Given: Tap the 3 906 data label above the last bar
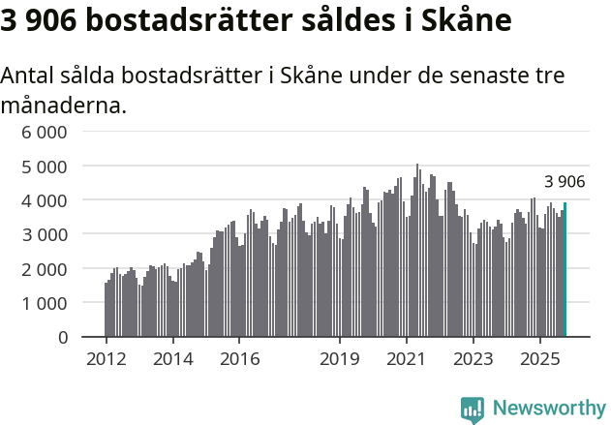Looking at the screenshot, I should tap(565, 182).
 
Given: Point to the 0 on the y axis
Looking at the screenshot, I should tap(63, 337).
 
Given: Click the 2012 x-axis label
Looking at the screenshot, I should tap(106, 358).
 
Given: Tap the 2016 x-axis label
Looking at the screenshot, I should tap(239, 358).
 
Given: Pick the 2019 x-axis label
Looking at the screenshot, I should tap(340, 358).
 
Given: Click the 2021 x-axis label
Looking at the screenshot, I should tap(407, 358).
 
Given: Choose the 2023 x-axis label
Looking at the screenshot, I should tap(474, 358).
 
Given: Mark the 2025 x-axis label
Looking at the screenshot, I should tap(540, 358).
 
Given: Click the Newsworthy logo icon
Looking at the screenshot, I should tap(473, 409).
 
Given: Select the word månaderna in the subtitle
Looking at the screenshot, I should tap(63, 105).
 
